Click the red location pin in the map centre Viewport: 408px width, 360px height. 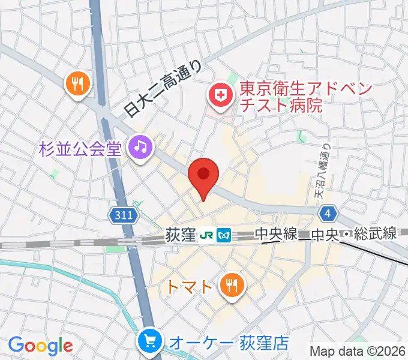[203, 175]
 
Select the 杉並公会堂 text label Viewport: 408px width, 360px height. [80, 148]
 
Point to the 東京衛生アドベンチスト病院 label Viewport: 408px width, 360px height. [306, 97]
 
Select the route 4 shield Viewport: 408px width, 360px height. [328, 214]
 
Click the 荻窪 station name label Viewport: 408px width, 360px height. [180, 235]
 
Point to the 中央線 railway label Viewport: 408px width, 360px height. [276, 234]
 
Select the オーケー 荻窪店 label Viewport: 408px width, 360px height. [229, 343]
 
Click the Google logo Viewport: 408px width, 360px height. [40, 346]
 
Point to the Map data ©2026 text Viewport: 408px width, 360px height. [358, 351]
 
